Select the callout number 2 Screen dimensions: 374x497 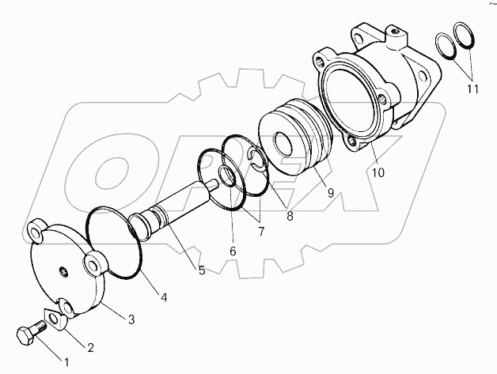[x=91, y=346]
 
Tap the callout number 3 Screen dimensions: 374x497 [x=131, y=319]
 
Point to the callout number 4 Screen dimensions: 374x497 [x=164, y=297]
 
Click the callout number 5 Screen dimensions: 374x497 [x=202, y=270]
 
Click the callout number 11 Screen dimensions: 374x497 [x=472, y=89]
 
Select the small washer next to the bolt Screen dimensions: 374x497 [x=57, y=318]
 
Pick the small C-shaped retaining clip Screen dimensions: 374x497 [x=257, y=161]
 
